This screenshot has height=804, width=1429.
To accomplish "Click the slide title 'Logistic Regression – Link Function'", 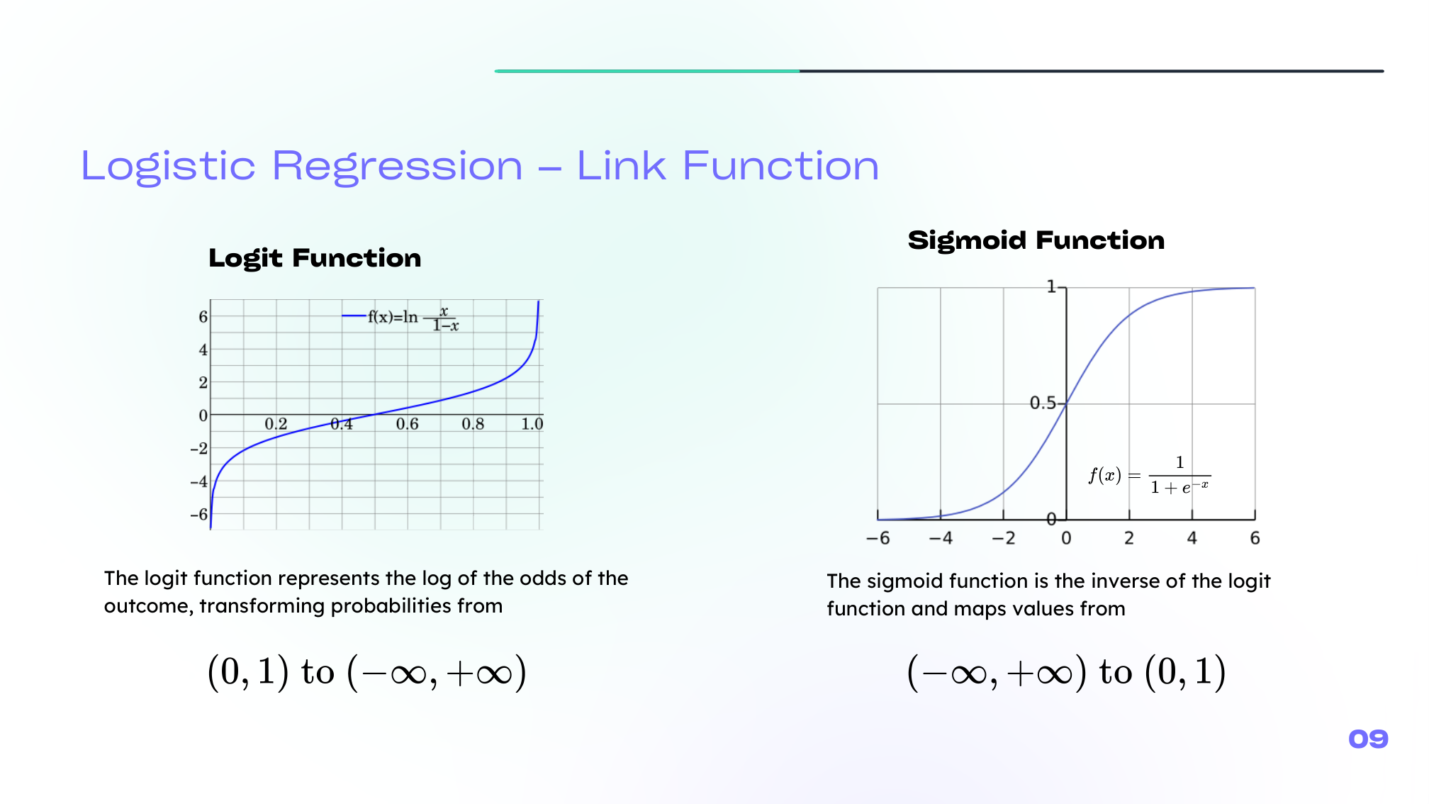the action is click(480, 167).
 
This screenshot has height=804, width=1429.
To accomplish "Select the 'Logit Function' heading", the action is click(315, 258).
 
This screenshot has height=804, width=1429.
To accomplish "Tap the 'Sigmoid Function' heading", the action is click(1036, 240).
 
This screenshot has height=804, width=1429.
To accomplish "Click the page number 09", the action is click(1368, 739).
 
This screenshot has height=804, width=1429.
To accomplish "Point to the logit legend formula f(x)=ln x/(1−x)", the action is click(413, 319).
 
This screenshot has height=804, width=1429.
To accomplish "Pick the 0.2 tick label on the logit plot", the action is click(276, 424).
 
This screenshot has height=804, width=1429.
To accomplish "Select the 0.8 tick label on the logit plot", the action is click(473, 424).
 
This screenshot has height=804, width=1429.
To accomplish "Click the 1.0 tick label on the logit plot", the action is click(532, 424).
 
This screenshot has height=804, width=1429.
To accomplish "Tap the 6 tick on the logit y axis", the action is click(203, 316).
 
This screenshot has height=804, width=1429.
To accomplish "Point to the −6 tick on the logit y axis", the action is click(199, 514).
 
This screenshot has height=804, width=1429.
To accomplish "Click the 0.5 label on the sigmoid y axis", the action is click(1043, 403).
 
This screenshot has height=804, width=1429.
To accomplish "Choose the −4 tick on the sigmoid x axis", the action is click(941, 538).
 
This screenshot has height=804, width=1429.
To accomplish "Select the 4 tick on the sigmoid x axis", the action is click(1192, 538).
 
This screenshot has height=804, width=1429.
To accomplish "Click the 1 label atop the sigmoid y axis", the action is click(1052, 286).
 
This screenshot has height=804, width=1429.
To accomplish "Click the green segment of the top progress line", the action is click(647, 71).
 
